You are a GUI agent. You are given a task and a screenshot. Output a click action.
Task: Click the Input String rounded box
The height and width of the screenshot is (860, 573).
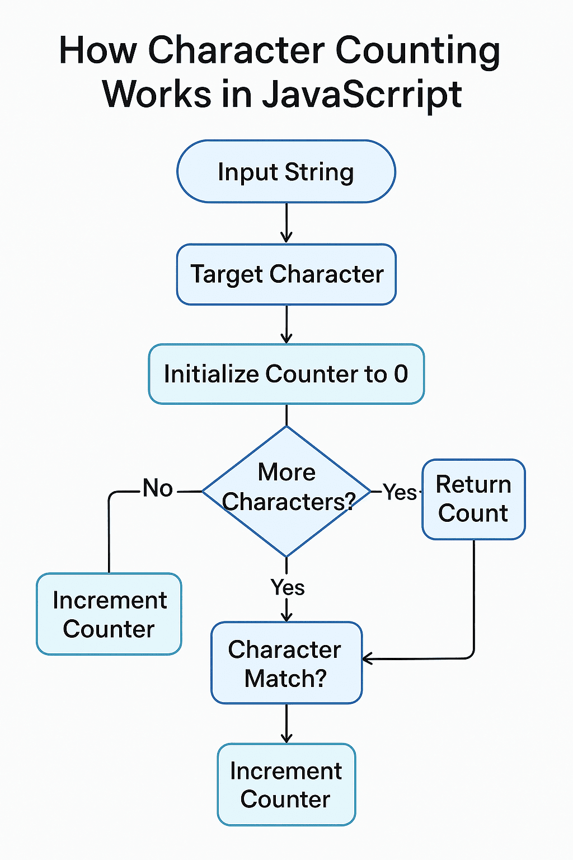click(286, 171)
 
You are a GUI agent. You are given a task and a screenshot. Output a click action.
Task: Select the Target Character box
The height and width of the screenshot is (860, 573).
click(286, 274)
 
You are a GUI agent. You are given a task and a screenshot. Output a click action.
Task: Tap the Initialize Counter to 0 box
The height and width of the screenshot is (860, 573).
click(286, 374)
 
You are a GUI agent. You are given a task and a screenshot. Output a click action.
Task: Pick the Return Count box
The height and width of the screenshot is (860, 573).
click(473, 499)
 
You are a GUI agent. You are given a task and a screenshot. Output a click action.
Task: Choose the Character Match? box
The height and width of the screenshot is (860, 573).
click(286, 663)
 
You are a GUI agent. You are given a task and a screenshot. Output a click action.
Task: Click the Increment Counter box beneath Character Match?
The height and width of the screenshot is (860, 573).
click(286, 784)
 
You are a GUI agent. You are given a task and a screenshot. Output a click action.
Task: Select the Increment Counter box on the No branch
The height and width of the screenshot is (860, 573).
click(109, 614)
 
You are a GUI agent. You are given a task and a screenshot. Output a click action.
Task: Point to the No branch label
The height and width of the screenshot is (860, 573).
click(157, 488)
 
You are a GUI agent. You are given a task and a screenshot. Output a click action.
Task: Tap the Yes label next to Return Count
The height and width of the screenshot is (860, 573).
click(399, 493)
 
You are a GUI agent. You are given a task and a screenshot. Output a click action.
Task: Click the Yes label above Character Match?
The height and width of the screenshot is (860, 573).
click(287, 587)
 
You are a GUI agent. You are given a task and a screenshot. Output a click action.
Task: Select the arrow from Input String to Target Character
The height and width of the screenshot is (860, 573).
click(286, 223)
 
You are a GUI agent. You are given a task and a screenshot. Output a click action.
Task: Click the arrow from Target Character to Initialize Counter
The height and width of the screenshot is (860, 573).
click(286, 324)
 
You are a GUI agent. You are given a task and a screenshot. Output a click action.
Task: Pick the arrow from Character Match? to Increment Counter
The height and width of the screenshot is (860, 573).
click(286, 723)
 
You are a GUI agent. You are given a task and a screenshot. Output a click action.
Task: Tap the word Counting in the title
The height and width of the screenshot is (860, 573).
click(417, 50)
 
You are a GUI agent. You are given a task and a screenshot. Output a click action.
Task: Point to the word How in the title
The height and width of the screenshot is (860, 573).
click(97, 50)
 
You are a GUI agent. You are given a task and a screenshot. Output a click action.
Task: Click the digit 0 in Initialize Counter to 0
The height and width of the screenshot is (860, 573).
click(401, 374)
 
